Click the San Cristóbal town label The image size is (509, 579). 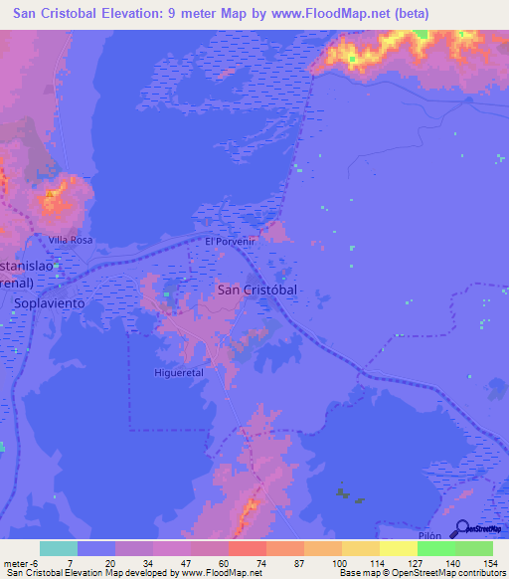click(x=256, y=289)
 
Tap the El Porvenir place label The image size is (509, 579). click(x=231, y=242)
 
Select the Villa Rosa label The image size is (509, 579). click(x=71, y=241)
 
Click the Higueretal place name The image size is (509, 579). click(x=179, y=372)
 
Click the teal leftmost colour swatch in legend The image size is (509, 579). click(x=59, y=548)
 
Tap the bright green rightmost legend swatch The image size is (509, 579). click(x=473, y=548)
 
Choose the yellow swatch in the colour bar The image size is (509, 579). click(x=398, y=548)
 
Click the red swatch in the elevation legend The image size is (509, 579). click(x=247, y=548)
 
